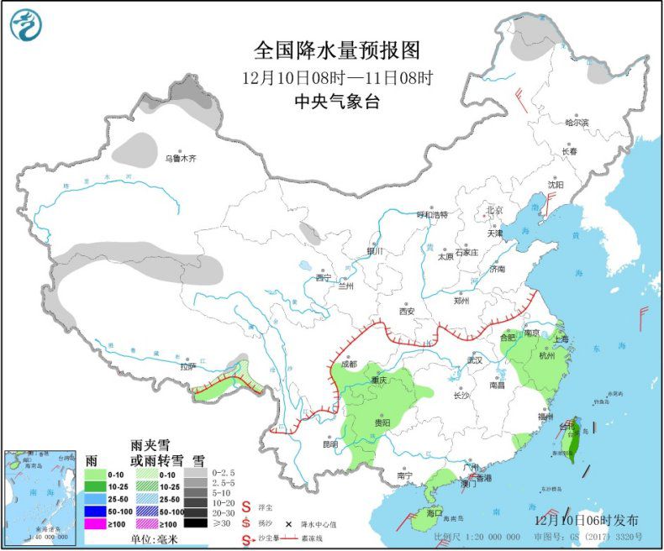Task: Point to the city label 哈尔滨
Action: (x=577, y=123)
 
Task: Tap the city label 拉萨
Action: (x=187, y=365)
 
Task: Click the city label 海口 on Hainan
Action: (x=434, y=512)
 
